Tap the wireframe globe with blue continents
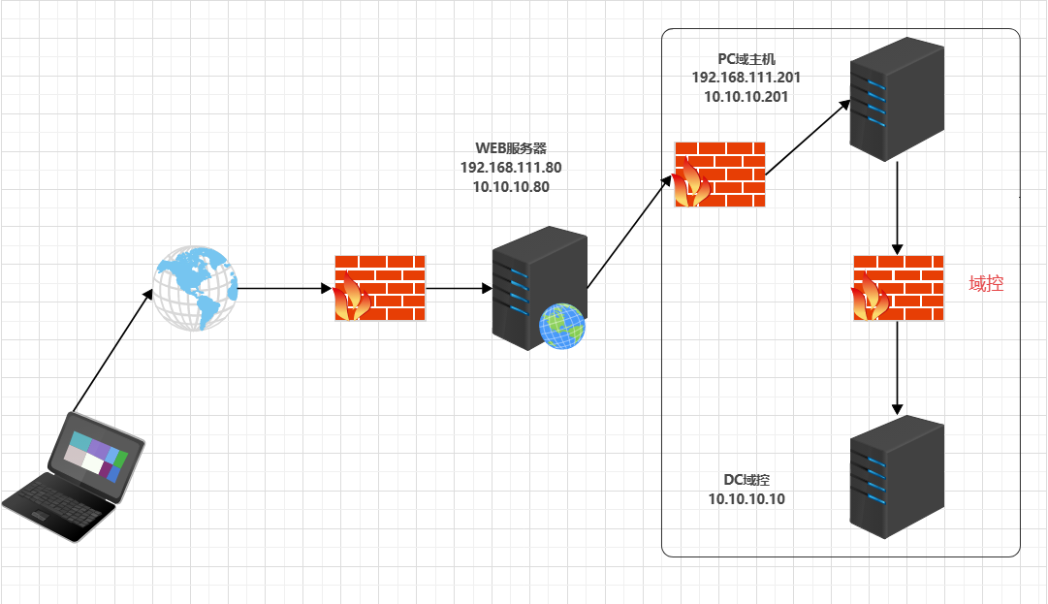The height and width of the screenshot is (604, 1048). (196, 288)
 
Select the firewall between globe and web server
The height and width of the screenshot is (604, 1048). (379, 288)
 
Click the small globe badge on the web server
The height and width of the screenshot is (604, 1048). (562, 326)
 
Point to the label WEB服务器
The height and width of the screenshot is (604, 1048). (511, 148)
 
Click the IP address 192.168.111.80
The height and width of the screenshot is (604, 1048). (511, 168)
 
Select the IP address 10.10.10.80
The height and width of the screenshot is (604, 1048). (511, 187)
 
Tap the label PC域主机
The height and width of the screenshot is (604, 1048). (741, 59)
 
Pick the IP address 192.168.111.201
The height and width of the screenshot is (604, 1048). (746, 78)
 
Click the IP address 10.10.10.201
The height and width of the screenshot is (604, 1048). (746, 97)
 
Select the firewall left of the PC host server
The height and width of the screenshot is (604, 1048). (719, 175)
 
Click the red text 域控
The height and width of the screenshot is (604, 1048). (985, 284)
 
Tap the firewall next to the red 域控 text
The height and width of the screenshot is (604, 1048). (898, 288)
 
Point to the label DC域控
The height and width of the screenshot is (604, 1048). (746, 480)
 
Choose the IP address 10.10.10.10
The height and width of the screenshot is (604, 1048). (746, 498)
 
